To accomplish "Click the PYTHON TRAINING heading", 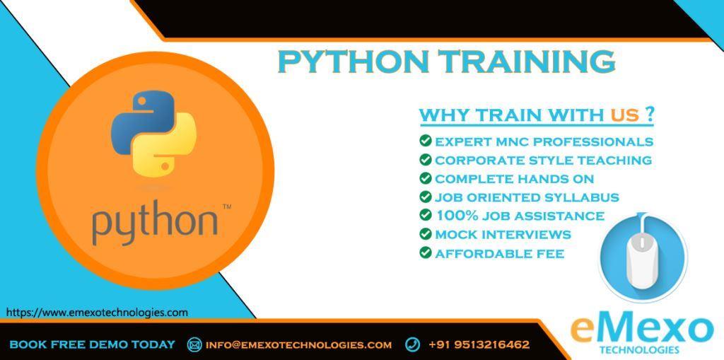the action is [x=447, y=62].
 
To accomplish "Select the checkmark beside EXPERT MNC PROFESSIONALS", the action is [x=425, y=141].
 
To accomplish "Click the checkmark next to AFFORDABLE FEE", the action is [x=425, y=252].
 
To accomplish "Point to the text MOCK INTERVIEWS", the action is [x=503, y=235].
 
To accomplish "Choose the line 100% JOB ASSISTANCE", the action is [x=520, y=216].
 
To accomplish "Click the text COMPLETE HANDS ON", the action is [x=515, y=179].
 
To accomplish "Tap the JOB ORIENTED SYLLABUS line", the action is [x=527, y=197].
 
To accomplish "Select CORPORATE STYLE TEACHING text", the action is [x=544, y=161].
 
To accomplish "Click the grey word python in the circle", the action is [x=155, y=223].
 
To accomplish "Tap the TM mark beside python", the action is [x=227, y=207].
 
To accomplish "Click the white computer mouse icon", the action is [x=642, y=259].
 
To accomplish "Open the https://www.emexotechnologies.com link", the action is [x=97, y=313].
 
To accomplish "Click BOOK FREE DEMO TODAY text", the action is [x=93, y=344].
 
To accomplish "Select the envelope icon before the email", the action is [x=194, y=344].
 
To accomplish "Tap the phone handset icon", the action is [x=412, y=344].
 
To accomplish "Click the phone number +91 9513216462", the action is [x=479, y=344].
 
